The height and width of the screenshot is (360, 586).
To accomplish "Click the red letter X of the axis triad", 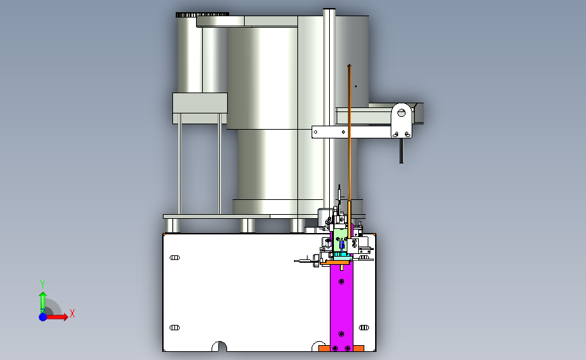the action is pyautogui.click(x=72, y=313).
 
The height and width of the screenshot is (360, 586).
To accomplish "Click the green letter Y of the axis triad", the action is pyautogui.click(x=43, y=284).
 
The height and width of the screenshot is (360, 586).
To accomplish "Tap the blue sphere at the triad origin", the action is pyautogui.click(x=43, y=317).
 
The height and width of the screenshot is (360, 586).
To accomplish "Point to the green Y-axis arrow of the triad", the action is pyautogui.click(x=43, y=303).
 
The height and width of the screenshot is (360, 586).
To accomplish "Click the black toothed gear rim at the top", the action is pyautogui.click(x=202, y=15).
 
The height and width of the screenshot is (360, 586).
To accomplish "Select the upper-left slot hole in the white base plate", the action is pyautogui.click(x=174, y=258).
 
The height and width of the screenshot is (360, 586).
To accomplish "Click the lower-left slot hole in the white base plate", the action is pyautogui.click(x=174, y=328).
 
